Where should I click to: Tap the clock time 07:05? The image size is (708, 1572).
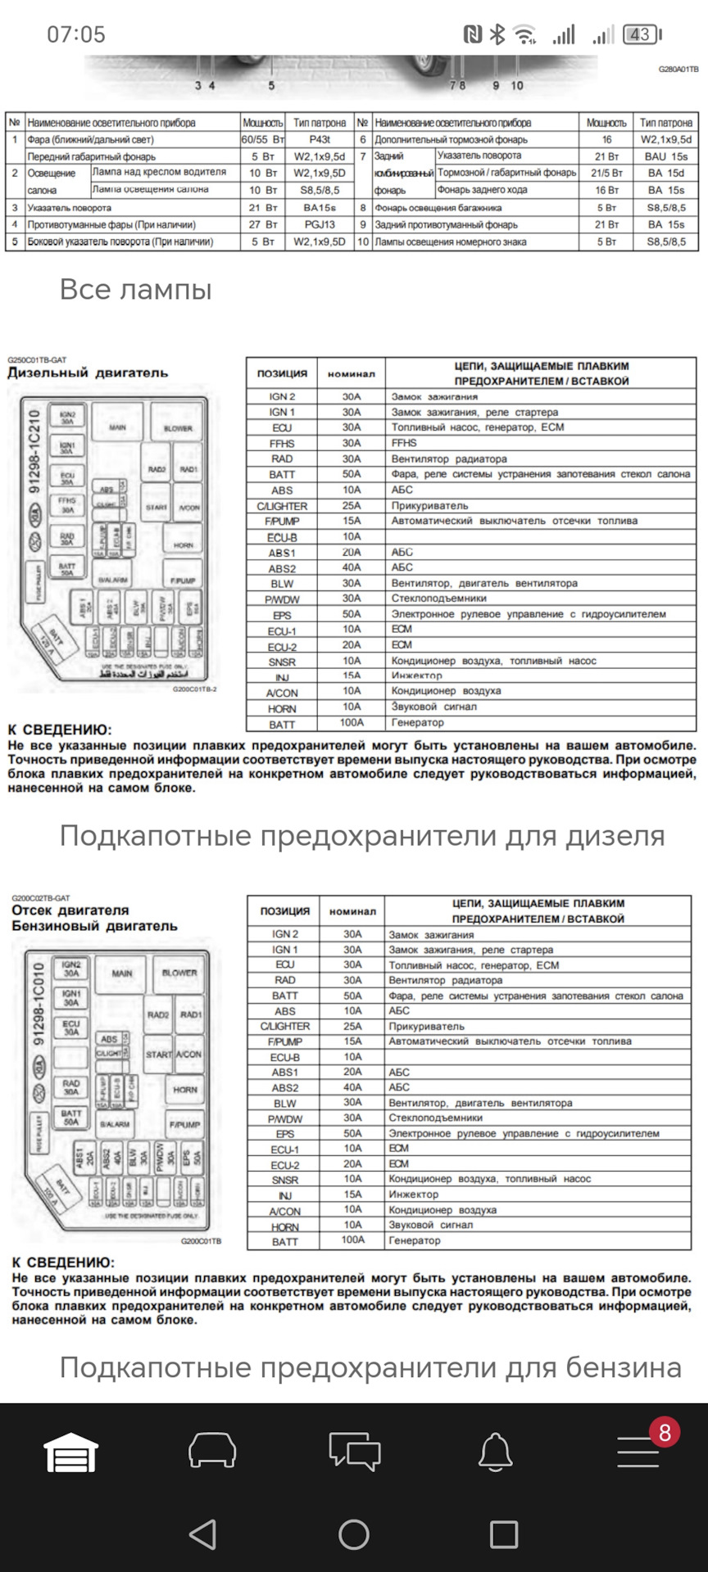76,34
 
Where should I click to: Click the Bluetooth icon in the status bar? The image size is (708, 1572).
497,34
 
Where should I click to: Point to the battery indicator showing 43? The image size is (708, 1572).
641,34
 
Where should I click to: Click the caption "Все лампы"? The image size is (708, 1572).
136,289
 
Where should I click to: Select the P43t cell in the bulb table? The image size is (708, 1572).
320,139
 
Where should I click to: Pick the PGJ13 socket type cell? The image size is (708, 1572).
320,224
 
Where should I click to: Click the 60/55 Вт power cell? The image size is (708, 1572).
262,139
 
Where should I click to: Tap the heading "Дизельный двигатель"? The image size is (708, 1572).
88,373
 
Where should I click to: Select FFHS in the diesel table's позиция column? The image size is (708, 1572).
282,443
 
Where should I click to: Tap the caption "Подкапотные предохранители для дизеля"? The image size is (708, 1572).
361,836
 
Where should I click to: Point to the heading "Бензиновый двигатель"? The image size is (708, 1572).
94,926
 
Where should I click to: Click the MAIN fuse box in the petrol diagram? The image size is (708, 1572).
122,973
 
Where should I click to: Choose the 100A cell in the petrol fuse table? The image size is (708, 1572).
352,1240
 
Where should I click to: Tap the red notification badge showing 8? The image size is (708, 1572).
665,1432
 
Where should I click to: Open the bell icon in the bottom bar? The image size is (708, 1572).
495,1452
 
